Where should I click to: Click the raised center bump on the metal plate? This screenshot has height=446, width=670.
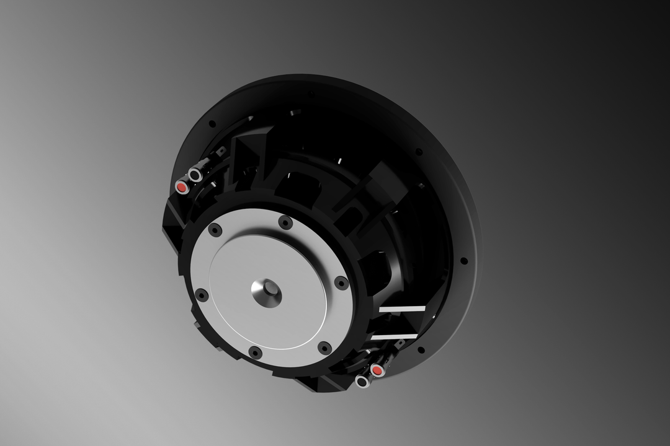click(267, 291)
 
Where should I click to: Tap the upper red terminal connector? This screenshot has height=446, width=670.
click(182, 186)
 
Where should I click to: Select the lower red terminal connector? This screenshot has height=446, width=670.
click(377, 370)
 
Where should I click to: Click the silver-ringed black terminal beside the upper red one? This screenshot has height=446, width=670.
click(195, 175)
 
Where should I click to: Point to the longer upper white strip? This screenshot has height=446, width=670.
click(402, 308)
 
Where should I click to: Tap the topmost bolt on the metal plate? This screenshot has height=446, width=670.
click(285, 222)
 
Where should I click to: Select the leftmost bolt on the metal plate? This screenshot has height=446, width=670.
click(202, 295)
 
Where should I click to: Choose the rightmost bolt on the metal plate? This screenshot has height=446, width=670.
click(341, 282)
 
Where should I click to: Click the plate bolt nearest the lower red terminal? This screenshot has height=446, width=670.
click(324, 348)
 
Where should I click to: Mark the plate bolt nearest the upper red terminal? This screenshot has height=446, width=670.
click(215, 230)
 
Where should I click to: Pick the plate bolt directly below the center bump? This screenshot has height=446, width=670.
click(255, 352)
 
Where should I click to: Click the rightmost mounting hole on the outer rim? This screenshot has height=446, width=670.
click(463, 261)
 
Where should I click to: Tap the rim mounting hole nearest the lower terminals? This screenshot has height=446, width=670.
click(421, 350)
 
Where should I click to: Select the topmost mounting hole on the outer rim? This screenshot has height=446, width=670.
click(311, 94)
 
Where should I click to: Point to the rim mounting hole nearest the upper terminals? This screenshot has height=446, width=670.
click(212, 124)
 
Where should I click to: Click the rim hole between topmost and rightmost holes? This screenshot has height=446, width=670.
click(419, 151)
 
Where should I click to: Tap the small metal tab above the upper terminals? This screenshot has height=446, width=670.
click(220, 151)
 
